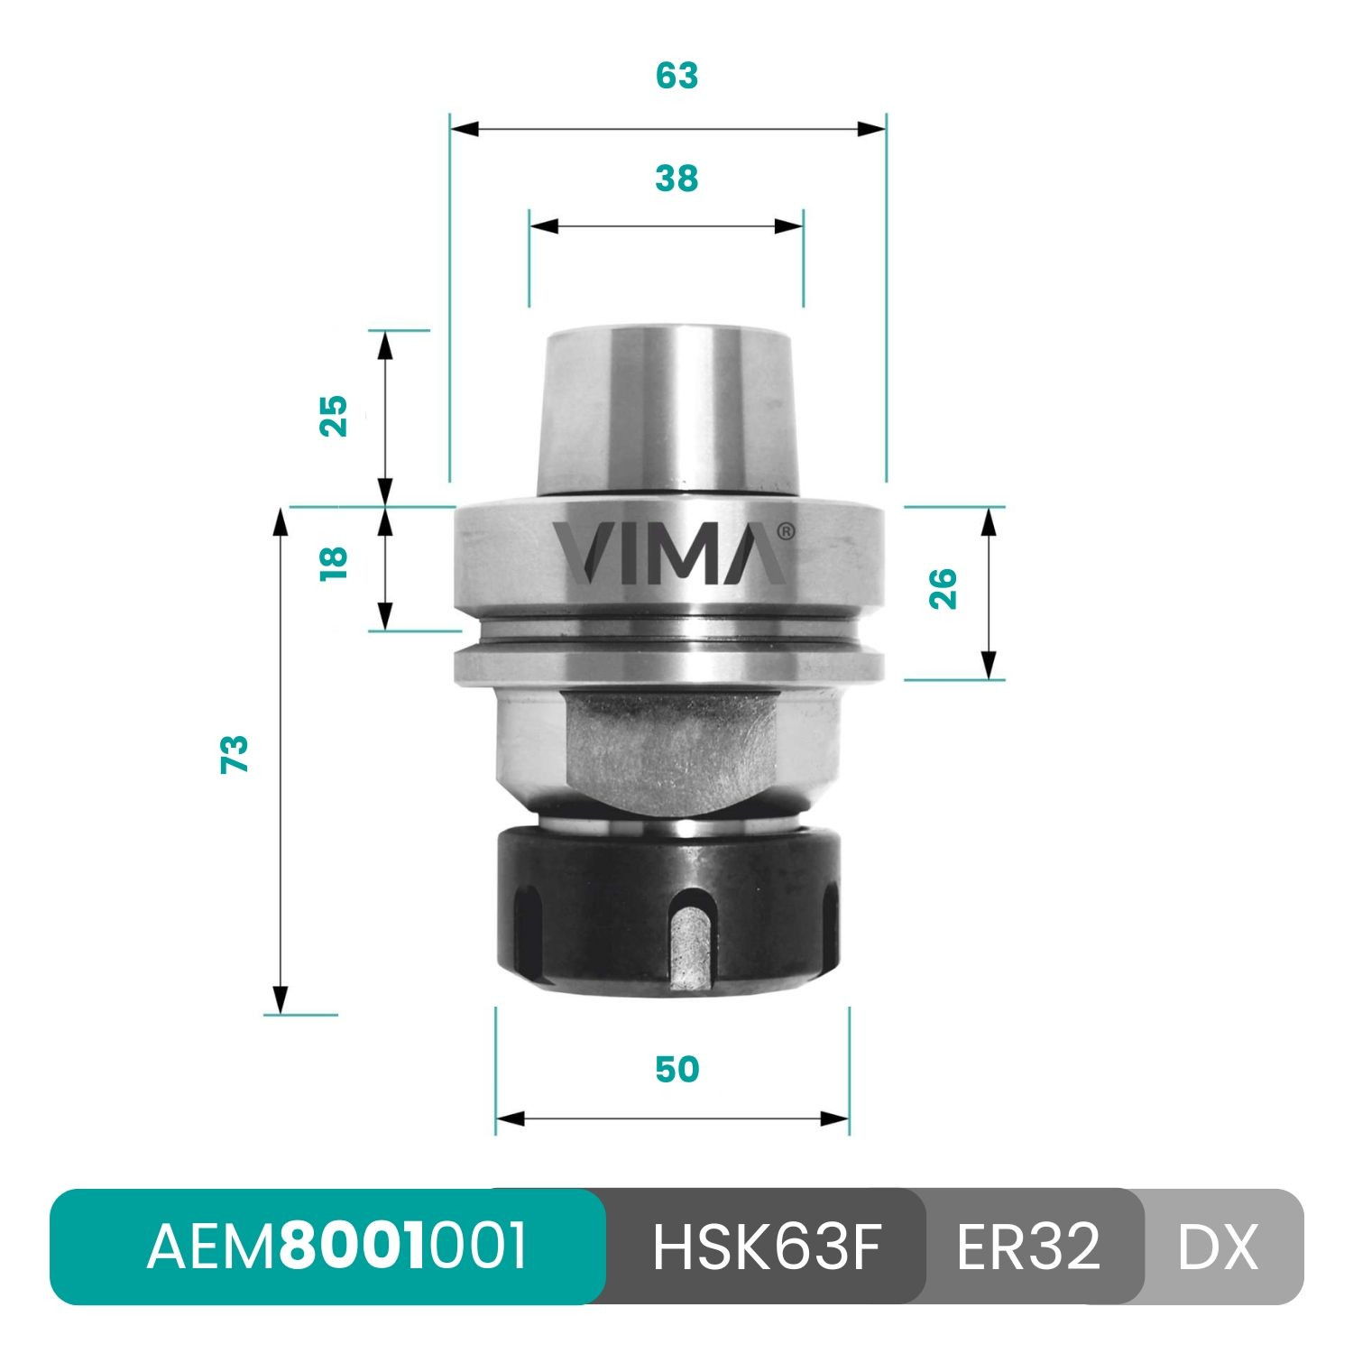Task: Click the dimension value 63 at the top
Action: (x=676, y=76)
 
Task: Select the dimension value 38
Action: (x=676, y=179)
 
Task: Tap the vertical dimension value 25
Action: (x=334, y=416)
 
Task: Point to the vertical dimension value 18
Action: (x=334, y=563)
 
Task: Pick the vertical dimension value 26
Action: (x=943, y=589)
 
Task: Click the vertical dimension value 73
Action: (x=235, y=754)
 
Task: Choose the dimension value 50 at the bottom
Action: (x=676, y=1069)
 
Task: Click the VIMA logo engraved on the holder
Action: (x=668, y=552)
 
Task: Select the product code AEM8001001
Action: (x=336, y=1247)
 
